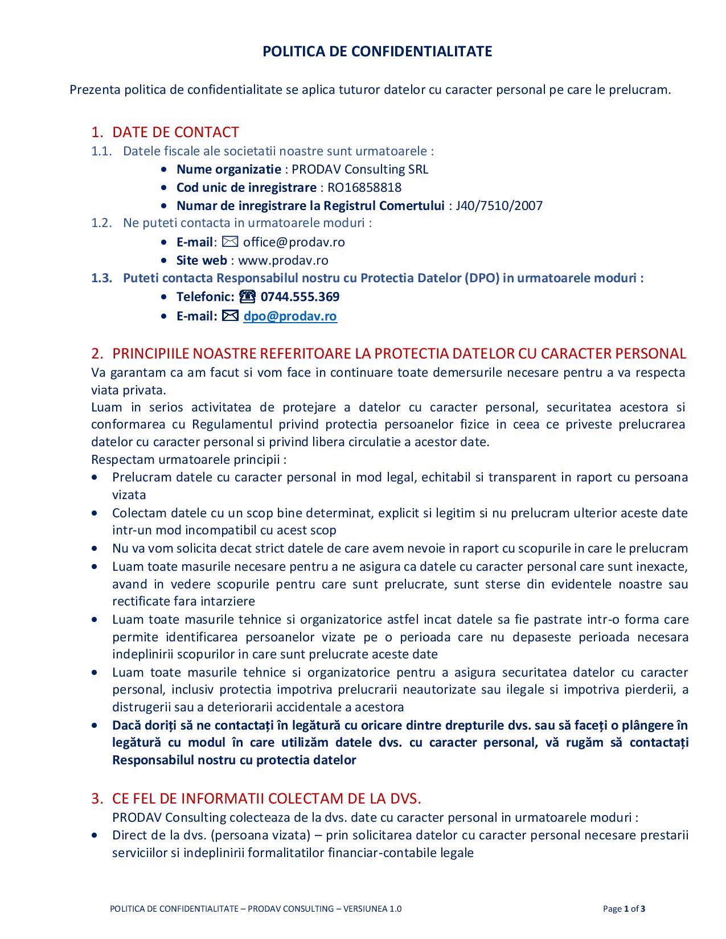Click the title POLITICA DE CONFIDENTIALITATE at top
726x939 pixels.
pyautogui.click(x=377, y=52)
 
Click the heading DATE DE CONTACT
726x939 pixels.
pyautogui.click(x=175, y=132)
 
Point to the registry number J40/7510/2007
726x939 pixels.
pyautogui.click(x=499, y=205)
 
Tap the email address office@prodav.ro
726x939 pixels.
pyautogui.click(x=294, y=242)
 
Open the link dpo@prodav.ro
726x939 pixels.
pyautogui.click(x=290, y=316)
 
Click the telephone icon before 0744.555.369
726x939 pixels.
pyautogui.click(x=248, y=296)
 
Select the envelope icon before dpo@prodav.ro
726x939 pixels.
pyautogui.click(x=231, y=316)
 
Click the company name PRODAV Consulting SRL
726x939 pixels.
pyautogui.click(x=360, y=169)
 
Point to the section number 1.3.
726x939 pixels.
pyautogui.click(x=101, y=278)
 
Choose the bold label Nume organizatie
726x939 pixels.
pyautogui.click(x=228, y=169)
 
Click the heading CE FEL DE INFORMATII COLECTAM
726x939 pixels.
pyautogui.click(x=266, y=798)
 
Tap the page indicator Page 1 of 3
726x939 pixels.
pyautogui.click(x=624, y=908)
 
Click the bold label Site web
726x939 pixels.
pyautogui.click(x=202, y=260)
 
